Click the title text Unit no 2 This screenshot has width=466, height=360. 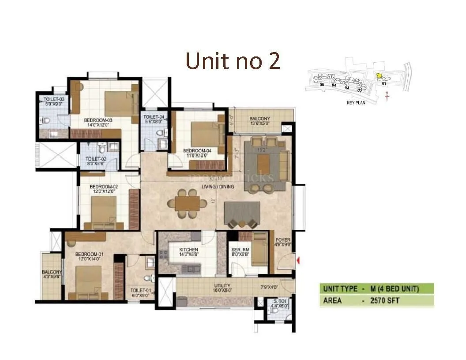click(x=233, y=61)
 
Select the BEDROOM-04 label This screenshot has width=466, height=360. click(x=197, y=151)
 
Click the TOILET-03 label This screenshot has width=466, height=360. click(x=54, y=99)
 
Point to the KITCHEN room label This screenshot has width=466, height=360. click(x=188, y=250)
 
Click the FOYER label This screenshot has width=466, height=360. click(x=283, y=240)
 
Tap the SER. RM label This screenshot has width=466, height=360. click(x=241, y=250)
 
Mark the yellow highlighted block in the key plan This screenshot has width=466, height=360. click(x=378, y=76)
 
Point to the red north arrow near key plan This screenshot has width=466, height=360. click(x=387, y=96)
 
